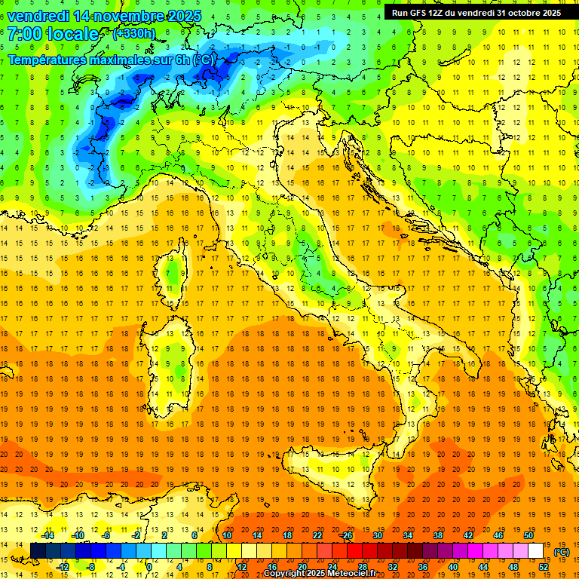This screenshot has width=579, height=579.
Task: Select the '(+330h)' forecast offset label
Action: (x=133, y=33)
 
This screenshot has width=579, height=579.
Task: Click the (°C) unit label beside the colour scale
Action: (x=562, y=552)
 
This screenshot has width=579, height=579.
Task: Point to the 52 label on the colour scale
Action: (x=543, y=566)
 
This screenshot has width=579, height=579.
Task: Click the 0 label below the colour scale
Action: (x=149, y=566)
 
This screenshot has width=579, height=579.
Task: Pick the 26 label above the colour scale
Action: (x=347, y=535)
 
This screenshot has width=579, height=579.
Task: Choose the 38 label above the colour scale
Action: (x=437, y=535)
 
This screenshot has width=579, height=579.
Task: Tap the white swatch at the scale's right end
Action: (x=535, y=551)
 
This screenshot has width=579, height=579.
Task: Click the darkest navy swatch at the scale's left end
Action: (x=38, y=551)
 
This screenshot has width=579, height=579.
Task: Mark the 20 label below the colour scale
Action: (x=301, y=566)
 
